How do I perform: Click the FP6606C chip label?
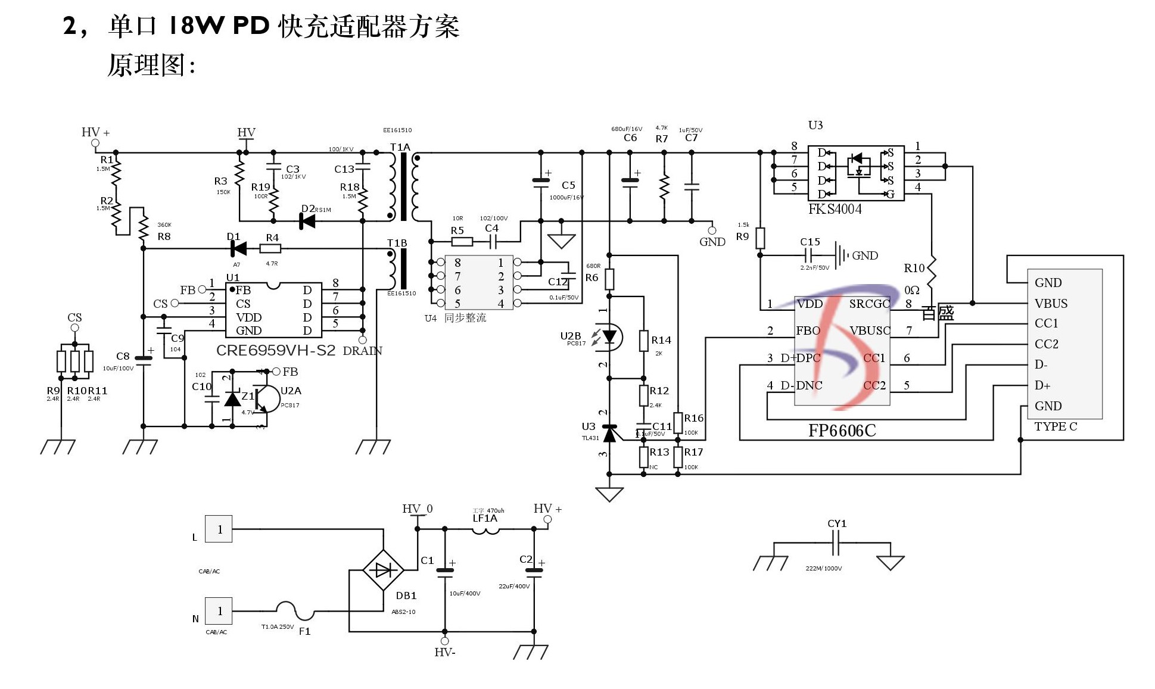(842, 431)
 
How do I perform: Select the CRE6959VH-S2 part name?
(276, 350)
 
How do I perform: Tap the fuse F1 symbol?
(295, 609)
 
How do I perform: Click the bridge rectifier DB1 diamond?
(383, 570)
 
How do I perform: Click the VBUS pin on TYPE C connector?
(1051, 303)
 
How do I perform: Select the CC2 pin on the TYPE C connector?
(1047, 344)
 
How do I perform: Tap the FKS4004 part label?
(835, 209)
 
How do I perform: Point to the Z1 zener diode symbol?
(232, 398)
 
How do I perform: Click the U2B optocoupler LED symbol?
(609, 337)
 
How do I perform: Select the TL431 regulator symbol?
(609, 434)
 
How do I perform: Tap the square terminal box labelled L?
(219, 529)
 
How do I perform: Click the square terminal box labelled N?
(219, 611)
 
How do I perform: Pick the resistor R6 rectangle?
(609, 278)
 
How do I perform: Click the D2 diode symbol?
(307, 221)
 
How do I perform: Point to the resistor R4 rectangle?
(270, 248)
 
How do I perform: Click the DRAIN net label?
(362, 351)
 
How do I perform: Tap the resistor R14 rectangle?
(643, 341)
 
